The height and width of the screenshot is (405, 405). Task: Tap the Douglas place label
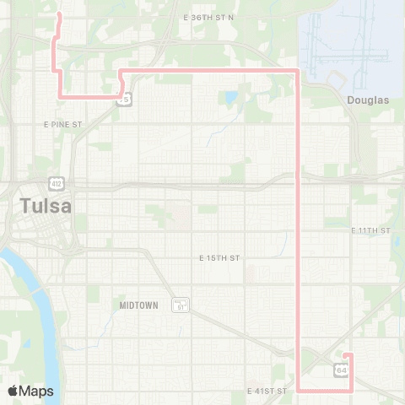[368, 100]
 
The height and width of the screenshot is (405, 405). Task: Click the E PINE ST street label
[62, 124]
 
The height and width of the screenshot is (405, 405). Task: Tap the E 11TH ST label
[371, 230]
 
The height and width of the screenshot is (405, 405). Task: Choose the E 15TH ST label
[220, 257]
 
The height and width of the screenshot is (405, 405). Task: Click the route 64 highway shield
[341, 370]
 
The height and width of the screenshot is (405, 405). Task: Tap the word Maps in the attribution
[37, 391]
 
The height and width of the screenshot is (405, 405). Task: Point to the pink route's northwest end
[57, 14]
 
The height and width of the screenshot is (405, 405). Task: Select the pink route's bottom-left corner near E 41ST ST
[300, 391]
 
